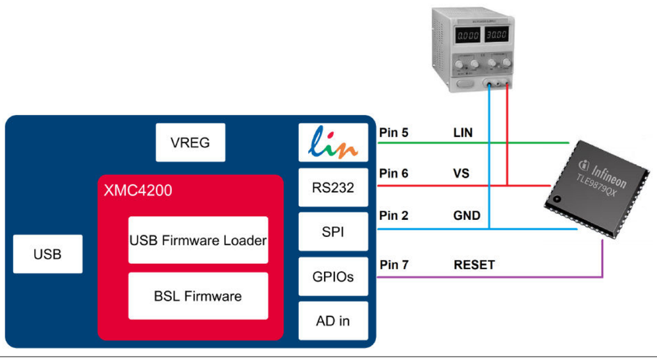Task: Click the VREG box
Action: pyautogui.click(x=190, y=142)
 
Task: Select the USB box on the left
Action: pyautogui.click(x=48, y=253)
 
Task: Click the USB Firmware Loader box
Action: pyautogui.click(x=198, y=240)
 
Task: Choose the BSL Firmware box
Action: pyautogui.click(x=198, y=296)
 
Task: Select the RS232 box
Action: pyautogui.click(x=332, y=188)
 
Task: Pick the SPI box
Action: pyautogui.click(x=332, y=232)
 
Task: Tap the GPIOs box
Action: pyautogui.click(x=332, y=276)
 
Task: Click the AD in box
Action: pyautogui.click(x=332, y=321)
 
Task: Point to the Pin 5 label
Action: pyautogui.click(x=394, y=133)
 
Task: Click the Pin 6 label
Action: pyautogui.click(x=394, y=174)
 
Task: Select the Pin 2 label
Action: pyautogui.click(x=394, y=216)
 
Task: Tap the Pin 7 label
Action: pyautogui.click(x=394, y=265)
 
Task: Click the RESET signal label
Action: pyautogui.click(x=474, y=265)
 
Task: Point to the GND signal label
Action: pyautogui.click(x=467, y=216)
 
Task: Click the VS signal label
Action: pyautogui.click(x=461, y=174)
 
